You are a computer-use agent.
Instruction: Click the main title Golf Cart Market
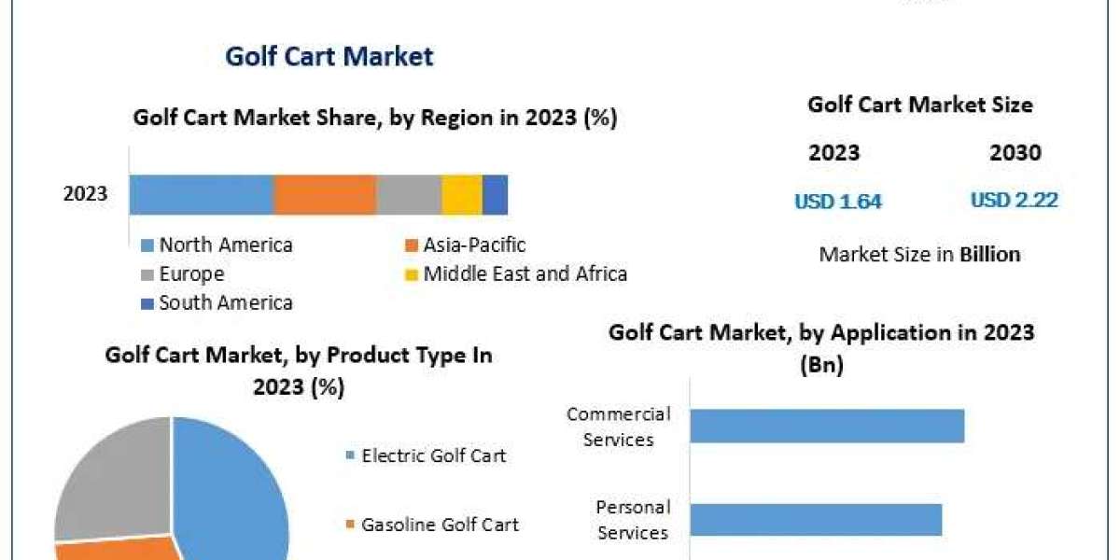(x=329, y=56)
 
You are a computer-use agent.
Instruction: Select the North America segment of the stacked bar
(x=201, y=195)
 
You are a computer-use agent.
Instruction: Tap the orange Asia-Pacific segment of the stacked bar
(x=325, y=195)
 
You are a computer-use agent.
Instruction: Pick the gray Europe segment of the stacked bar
(x=409, y=195)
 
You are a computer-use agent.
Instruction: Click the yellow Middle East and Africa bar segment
(x=462, y=195)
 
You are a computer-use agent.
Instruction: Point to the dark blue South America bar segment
(x=495, y=195)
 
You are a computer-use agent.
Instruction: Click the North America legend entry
(x=225, y=245)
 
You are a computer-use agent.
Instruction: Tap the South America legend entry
(x=225, y=302)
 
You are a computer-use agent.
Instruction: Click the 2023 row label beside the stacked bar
(x=85, y=195)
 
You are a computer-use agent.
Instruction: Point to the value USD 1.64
(x=838, y=201)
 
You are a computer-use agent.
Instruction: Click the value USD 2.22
(x=1015, y=200)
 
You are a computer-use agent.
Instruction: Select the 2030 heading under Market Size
(x=1015, y=153)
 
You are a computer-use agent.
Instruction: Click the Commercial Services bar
(x=827, y=426)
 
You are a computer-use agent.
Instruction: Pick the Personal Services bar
(x=816, y=520)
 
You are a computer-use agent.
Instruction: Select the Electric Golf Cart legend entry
(x=433, y=455)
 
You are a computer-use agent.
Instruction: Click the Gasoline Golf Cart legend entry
(x=440, y=525)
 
